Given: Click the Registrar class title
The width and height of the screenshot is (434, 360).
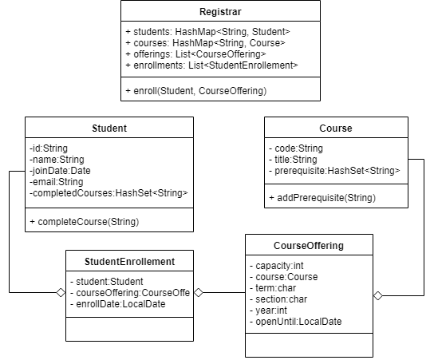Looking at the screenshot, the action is [x=220, y=12].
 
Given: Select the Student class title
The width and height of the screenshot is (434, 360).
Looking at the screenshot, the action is [x=109, y=129].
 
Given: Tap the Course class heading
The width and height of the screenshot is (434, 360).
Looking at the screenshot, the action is [x=336, y=129].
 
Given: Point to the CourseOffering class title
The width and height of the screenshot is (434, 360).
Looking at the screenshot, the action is [x=309, y=246].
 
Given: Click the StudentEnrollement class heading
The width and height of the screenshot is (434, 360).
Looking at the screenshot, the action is [x=129, y=262].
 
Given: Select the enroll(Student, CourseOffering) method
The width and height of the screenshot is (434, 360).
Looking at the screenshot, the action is [x=196, y=91].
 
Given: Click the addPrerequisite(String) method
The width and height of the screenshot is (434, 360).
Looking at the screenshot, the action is [x=322, y=198].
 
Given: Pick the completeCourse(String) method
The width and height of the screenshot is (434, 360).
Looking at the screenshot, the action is [x=85, y=222].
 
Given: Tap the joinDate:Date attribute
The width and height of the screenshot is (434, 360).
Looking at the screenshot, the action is [x=60, y=171].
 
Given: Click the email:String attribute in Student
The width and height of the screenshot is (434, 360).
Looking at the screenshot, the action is [x=57, y=182].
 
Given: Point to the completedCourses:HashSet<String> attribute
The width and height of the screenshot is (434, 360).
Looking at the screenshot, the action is [x=108, y=193].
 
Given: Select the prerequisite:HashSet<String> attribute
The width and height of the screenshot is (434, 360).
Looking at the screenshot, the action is [x=334, y=171].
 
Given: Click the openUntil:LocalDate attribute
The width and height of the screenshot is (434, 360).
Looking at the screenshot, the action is [x=296, y=322].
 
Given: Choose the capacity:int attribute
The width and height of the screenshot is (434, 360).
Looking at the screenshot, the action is [x=277, y=266].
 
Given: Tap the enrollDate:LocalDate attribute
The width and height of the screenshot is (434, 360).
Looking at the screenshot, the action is [x=118, y=304].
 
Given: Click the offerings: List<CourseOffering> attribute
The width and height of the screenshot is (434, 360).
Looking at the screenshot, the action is [x=195, y=54].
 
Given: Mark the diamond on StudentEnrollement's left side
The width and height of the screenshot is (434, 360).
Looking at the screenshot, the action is [x=61, y=293].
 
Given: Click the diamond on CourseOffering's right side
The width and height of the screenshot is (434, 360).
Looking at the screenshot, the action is [x=378, y=296].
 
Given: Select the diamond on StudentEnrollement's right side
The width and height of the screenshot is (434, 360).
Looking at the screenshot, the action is [x=199, y=292].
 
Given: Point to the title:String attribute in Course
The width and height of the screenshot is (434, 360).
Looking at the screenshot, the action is [x=293, y=160].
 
